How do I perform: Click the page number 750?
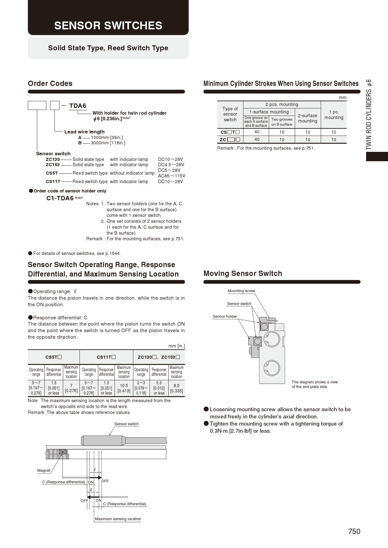[x=354, y=531]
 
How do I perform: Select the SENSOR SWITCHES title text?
[x=108, y=25]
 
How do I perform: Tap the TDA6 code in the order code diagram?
[x=78, y=106]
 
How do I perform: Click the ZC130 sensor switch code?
[x=53, y=159]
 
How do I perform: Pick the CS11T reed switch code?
[x=53, y=182]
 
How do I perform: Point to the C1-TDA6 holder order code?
[x=60, y=198]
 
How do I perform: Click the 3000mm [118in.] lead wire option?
[x=108, y=143]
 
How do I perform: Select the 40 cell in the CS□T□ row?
[x=257, y=132]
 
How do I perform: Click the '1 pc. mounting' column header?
[x=334, y=115]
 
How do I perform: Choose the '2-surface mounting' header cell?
[x=308, y=118]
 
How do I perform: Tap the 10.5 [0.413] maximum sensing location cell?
[x=124, y=388]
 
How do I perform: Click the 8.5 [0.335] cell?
[x=176, y=388]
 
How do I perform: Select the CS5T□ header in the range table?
[x=54, y=357]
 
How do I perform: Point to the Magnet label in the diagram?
[x=43, y=471]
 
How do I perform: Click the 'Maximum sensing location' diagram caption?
[x=118, y=519]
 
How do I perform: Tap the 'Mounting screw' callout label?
[x=241, y=291]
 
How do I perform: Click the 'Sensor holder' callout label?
[x=225, y=316]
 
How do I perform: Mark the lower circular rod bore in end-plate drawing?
[x=271, y=367]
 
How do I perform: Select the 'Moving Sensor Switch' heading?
[x=243, y=273]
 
